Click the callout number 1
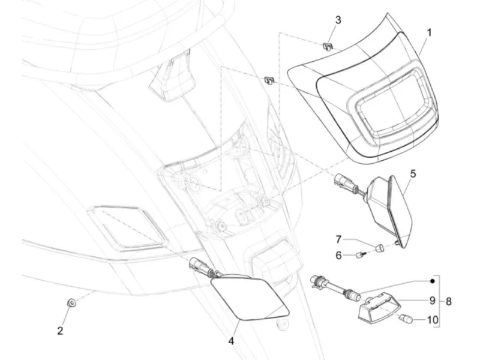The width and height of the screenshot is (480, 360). click(429, 32)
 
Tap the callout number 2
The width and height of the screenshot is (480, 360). click(60, 331)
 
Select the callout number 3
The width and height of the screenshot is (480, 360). click(338, 20)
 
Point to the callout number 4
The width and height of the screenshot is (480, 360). click(231, 340)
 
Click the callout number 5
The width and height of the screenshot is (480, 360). click(413, 173)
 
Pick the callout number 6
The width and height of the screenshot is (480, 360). click(338, 255)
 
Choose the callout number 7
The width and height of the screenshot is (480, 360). click(338, 239)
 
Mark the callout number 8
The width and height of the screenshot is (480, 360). click(448, 301)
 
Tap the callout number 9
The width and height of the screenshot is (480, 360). click(432, 301)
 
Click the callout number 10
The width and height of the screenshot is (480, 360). click(432, 320)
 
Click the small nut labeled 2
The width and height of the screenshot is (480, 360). click(71, 303)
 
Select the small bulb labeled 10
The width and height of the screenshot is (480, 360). click(407, 319)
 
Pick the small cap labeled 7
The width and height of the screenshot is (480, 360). click(380, 247)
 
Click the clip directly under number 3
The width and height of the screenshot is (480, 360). click(327, 47)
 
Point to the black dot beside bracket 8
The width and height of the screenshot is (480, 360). click(432, 281)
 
